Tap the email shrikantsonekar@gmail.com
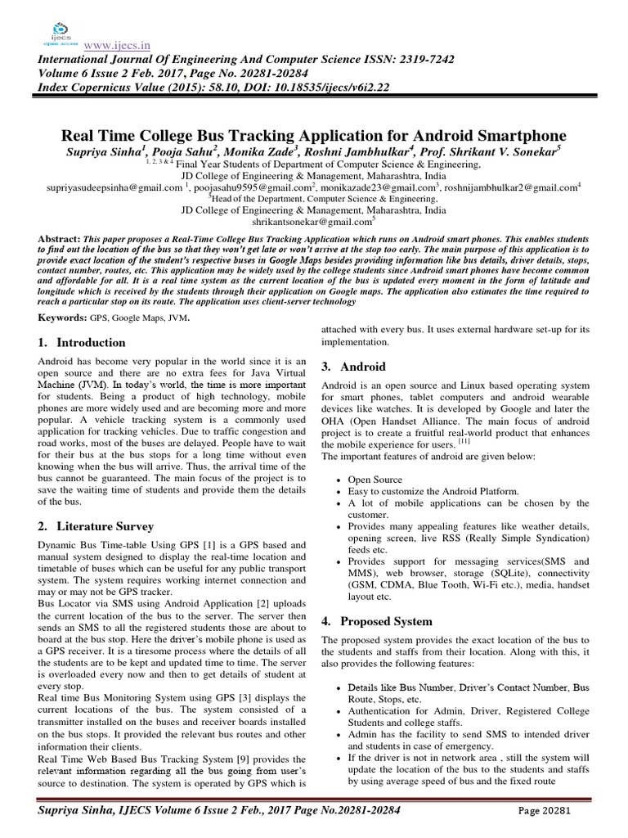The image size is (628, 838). pos(313,221)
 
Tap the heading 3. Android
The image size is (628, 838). pos(352,366)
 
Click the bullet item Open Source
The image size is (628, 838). pos(375,480)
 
